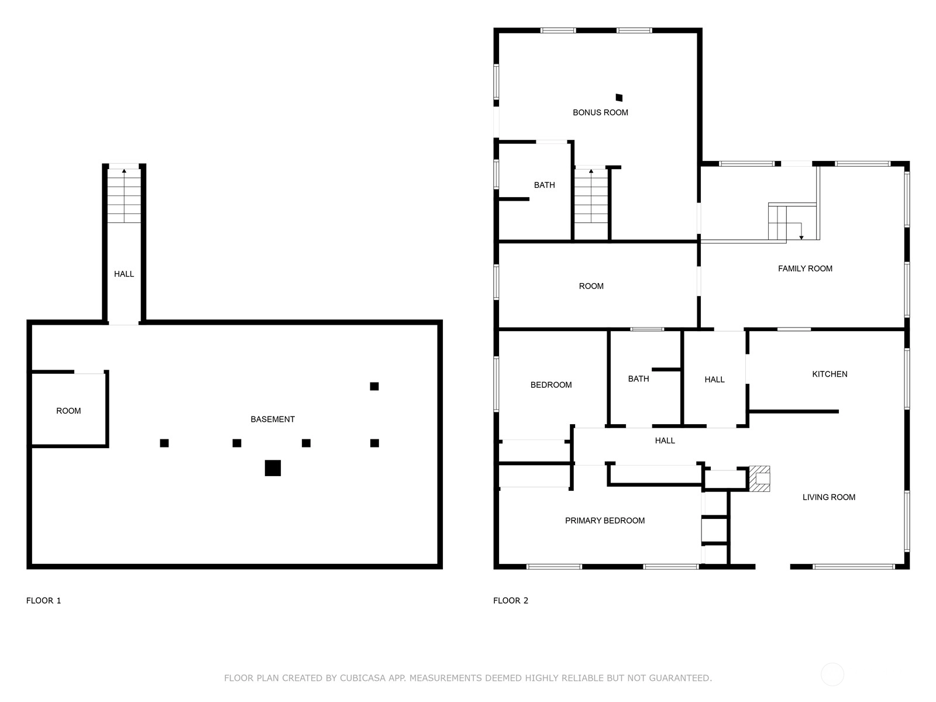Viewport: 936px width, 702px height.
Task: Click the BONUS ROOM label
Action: [x=600, y=112]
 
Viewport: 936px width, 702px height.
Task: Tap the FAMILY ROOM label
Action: [x=804, y=269]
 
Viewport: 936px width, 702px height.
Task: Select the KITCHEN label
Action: [x=830, y=374]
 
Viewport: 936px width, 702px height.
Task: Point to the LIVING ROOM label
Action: [x=828, y=497]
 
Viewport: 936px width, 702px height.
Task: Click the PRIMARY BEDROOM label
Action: [x=605, y=521]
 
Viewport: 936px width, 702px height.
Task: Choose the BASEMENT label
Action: [x=273, y=419]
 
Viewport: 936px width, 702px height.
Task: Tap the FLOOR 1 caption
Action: [x=43, y=601]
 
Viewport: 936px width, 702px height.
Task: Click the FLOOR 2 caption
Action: [x=511, y=601]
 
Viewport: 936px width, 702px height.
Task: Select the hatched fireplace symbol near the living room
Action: [x=759, y=479]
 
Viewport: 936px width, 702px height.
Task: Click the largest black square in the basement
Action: [x=273, y=468]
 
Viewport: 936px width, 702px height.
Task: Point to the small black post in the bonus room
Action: [x=619, y=98]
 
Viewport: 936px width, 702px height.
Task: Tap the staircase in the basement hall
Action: [x=124, y=195]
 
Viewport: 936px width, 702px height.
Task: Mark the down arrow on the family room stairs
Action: [x=801, y=232]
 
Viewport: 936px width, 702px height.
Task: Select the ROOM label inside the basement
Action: [x=68, y=411]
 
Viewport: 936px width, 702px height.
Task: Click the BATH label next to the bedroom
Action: [x=638, y=379]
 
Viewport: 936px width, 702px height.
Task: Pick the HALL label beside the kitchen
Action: [x=714, y=380]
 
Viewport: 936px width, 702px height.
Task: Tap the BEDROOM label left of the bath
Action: [x=551, y=385]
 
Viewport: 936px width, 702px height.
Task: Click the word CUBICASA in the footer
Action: [x=363, y=678]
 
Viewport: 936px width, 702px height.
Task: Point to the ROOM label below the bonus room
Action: [x=591, y=287]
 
